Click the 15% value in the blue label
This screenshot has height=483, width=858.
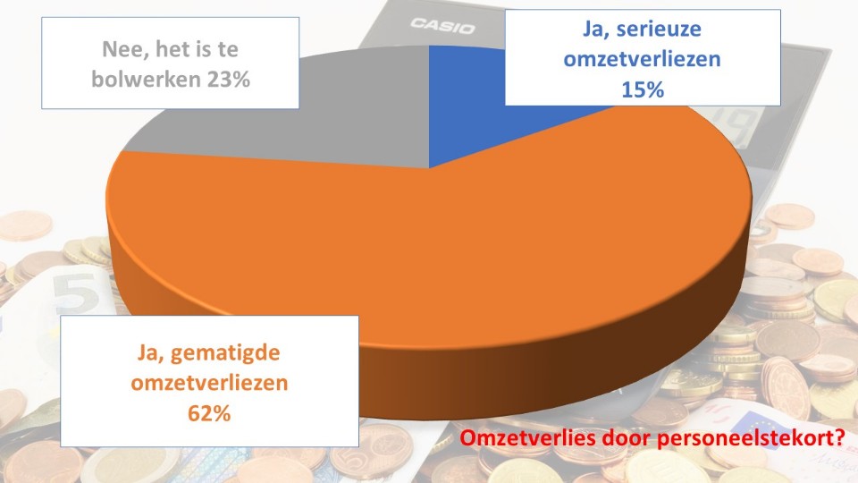pyautogui.click(x=642, y=89)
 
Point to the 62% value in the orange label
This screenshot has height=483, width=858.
pyautogui.click(x=209, y=415)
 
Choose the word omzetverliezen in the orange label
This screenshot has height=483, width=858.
pyautogui.click(x=209, y=385)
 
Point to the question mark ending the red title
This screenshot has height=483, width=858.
pyautogui.click(x=841, y=439)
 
